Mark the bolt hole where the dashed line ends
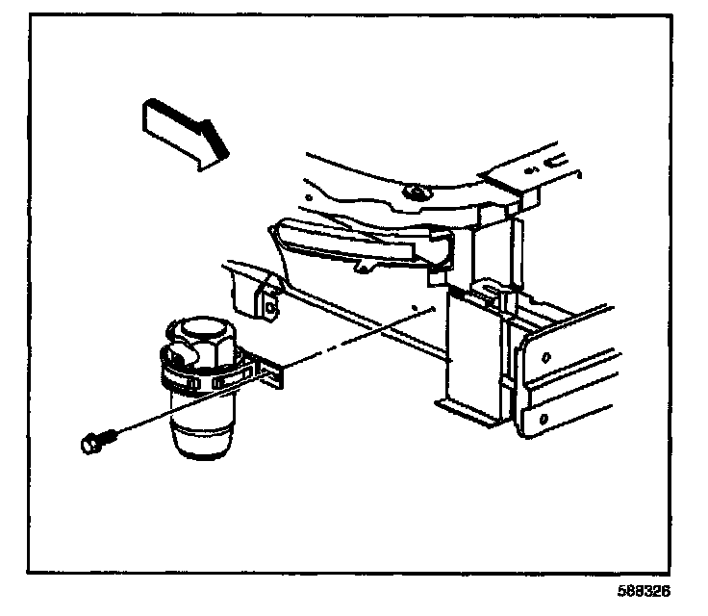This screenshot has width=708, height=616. pyautogui.click(x=414, y=309)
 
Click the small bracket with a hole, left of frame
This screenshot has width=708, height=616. pyautogui.click(x=270, y=304)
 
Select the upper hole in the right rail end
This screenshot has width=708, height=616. pyautogui.click(x=545, y=359)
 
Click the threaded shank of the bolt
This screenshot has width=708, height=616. pyautogui.click(x=110, y=438)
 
